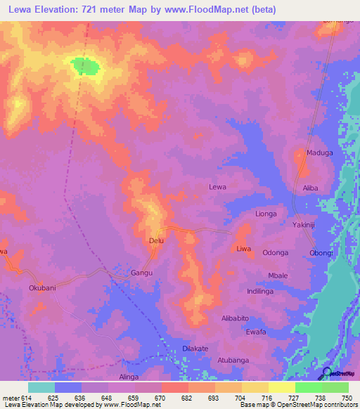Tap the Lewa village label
(x=218, y=187)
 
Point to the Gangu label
(x=142, y=272)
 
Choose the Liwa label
(x=243, y=249)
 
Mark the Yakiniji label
(x=306, y=225)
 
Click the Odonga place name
(x=276, y=253)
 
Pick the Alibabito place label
(x=238, y=318)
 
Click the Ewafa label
(x=256, y=332)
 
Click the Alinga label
(x=129, y=377)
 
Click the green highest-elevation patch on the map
(x=85, y=65)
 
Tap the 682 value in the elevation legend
(x=188, y=398)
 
